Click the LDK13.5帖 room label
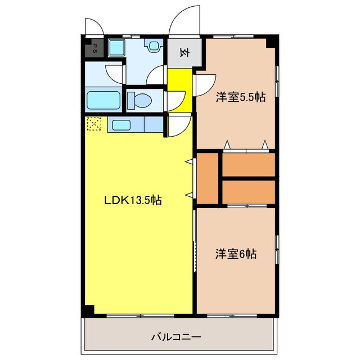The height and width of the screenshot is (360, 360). coord(133,200)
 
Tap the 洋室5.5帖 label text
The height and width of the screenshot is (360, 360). coord(241,97)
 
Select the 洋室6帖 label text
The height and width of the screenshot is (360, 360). coord(236,254)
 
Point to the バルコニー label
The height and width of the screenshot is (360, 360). coord(176,337)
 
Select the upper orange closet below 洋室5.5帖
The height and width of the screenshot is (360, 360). coord(248,164)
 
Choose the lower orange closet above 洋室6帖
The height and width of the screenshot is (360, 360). coord(248,191)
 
